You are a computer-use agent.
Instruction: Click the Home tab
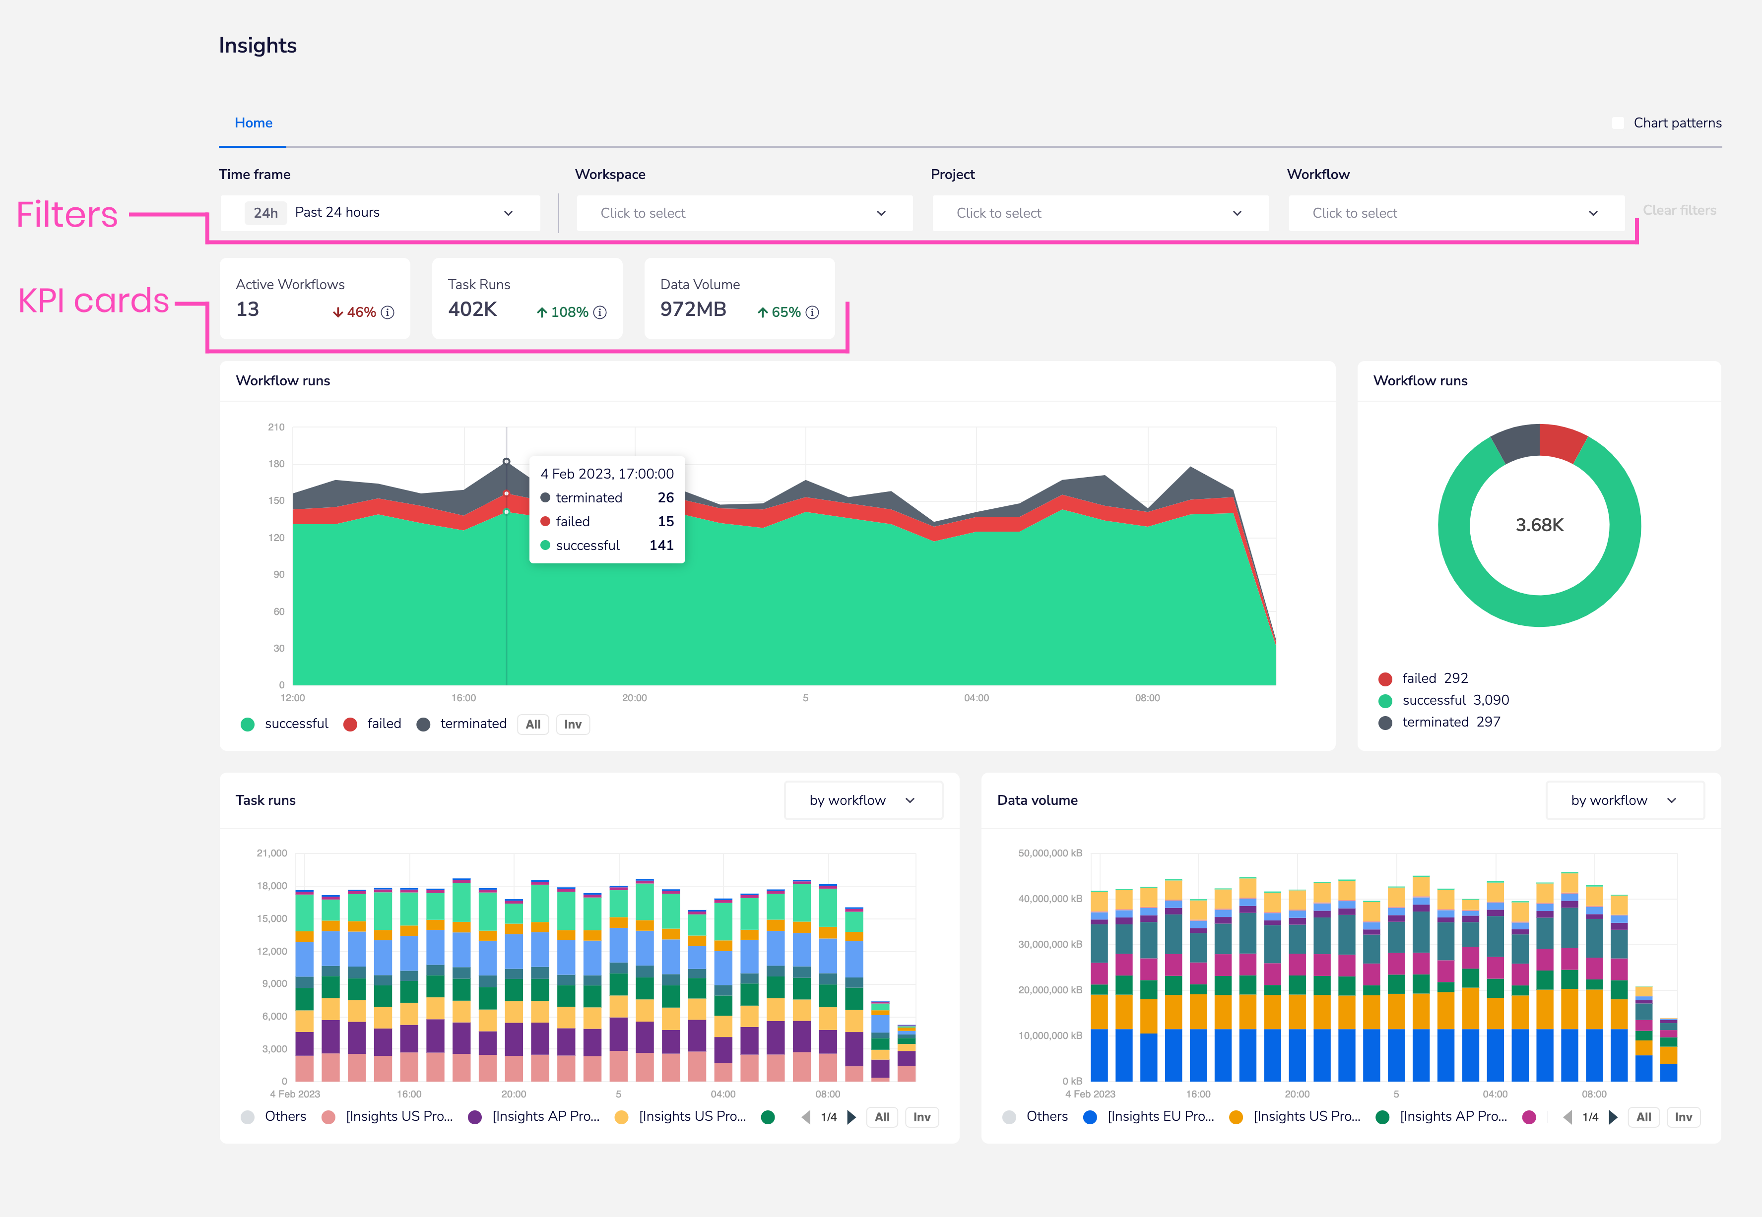click(x=253, y=123)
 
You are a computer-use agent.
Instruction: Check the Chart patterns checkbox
click(x=1617, y=123)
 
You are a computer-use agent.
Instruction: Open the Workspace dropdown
click(x=744, y=213)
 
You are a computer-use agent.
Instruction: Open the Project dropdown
click(x=1099, y=213)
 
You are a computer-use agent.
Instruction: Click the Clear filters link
click(x=1679, y=210)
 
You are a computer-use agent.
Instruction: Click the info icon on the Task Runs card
click(x=600, y=312)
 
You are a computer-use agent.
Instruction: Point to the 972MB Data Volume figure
click(x=693, y=309)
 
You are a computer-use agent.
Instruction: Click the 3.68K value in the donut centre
click(x=1539, y=525)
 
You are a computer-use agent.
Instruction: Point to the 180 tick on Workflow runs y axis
click(x=276, y=464)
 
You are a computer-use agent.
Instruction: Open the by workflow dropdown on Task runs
click(x=863, y=800)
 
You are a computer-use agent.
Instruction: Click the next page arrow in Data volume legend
click(x=1613, y=1117)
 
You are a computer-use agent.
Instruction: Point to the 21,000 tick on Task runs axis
click(x=271, y=853)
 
